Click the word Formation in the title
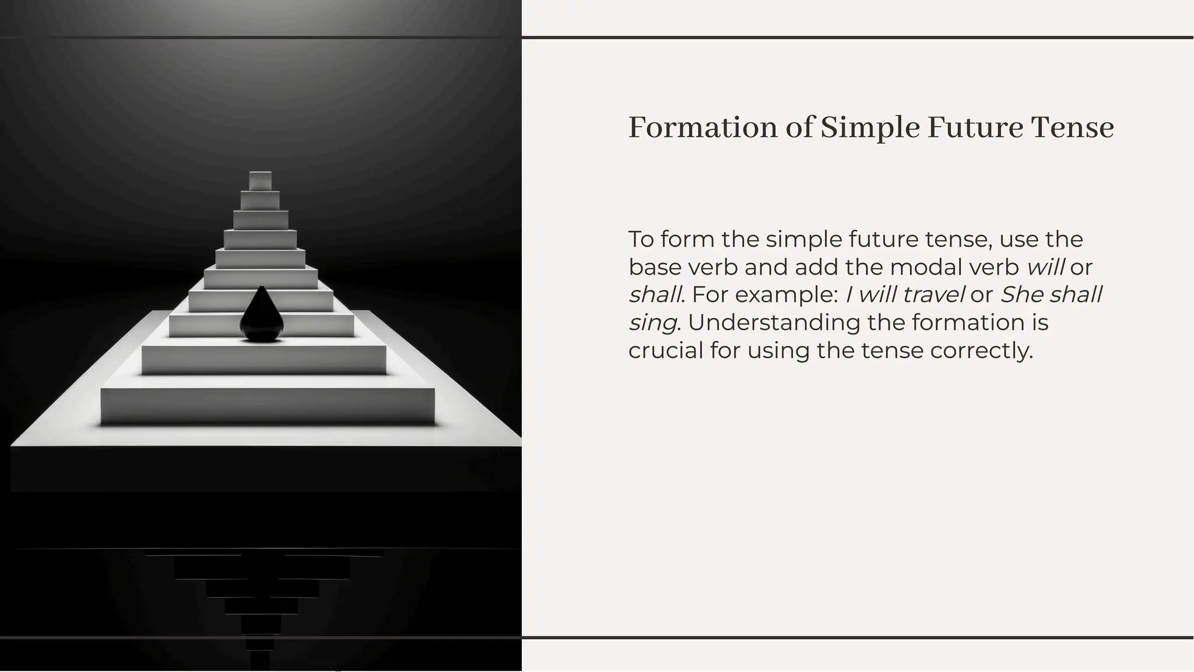click(703, 128)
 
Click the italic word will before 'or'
click(1045, 267)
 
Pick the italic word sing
click(652, 323)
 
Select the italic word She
click(1022, 294)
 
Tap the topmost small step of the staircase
click(260, 181)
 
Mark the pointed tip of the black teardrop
click(261, 287)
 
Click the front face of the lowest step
click(268, 406)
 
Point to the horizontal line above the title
click(857, 38)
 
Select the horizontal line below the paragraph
click(857, 638)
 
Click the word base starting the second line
click(655, 267)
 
